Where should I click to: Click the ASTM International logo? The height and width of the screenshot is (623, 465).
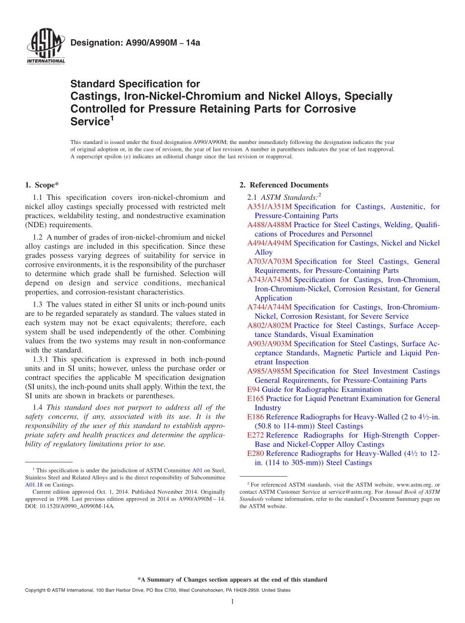pos(45,47)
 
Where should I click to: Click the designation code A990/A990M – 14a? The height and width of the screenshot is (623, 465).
pos(135,43)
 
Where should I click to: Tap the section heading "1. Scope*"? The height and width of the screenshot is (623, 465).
pos(42,185)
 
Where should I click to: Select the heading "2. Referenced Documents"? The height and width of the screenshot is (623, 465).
pos(283,185)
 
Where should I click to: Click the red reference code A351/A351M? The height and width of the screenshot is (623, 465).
pos(269,207)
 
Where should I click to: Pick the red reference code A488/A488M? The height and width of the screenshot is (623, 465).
pos(269,225)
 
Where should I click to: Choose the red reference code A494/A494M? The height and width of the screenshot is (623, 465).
pos(269,243)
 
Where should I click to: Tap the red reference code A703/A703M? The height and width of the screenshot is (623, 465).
pos(269,262)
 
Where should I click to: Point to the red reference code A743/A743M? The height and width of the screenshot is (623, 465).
pos(269,280)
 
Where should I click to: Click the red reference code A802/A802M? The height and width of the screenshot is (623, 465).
pos(269,325)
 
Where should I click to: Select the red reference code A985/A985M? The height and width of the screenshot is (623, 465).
pos(269,371)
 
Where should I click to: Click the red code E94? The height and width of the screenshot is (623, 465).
pos(254,389)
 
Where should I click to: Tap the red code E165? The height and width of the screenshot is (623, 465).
pos(256,399)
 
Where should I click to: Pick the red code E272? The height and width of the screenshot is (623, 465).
pos(256,435)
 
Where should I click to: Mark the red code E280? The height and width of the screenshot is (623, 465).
pos(256,454)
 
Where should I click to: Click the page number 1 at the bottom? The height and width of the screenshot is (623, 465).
pos(232,601)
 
